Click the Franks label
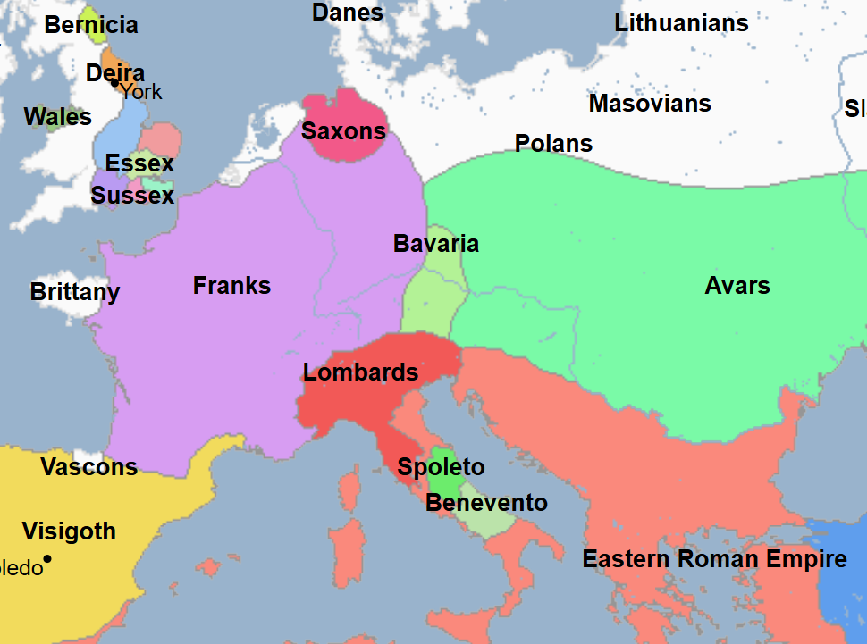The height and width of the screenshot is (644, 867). coord(231,286)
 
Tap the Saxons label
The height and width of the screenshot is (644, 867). coord(343,132)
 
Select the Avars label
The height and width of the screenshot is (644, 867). coord(737,286)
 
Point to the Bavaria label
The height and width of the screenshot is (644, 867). coord(436,244)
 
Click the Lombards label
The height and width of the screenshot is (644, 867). coord(360,372)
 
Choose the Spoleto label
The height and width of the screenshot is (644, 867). coord(441,467)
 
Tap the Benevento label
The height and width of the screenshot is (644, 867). coord(486,503)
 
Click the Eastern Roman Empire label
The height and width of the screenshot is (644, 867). coord(714,560)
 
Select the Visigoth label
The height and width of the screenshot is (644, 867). coord(69,531)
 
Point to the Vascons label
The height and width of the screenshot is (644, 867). coord(89,467)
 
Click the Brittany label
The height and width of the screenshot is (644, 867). coord(75,292)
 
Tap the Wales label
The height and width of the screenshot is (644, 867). coord(58,117)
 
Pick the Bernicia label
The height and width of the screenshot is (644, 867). coord(91,25)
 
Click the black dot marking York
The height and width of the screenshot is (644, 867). coord(115,84)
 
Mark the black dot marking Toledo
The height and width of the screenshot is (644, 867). coord(47,559)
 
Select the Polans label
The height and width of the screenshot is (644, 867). coord(553,144)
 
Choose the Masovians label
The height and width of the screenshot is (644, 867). coord(650,104)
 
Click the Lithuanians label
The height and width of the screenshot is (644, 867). coord(681,23)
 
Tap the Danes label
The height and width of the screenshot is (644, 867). coord(348,13)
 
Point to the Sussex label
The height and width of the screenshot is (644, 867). coord(132,196)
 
